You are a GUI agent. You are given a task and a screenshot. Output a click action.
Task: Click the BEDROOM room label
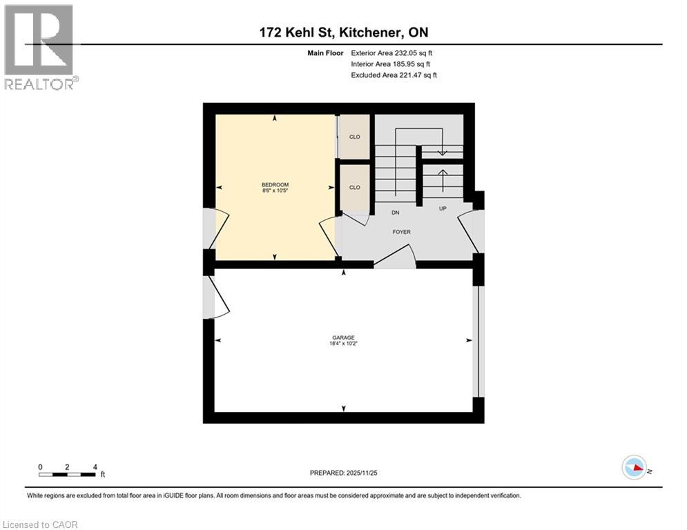275,184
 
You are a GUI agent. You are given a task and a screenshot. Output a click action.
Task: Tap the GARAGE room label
343,337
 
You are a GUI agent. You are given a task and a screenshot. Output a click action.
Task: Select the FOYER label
401,232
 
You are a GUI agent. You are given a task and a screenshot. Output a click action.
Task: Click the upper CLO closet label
354,137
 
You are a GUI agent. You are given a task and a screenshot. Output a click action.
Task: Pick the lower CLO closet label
354,187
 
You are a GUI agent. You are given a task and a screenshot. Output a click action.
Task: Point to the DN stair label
396,213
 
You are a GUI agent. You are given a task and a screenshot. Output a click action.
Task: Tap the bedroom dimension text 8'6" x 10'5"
275,190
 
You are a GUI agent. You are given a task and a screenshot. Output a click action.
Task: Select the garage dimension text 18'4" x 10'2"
343,344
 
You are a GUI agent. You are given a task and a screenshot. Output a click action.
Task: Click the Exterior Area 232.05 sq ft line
392,52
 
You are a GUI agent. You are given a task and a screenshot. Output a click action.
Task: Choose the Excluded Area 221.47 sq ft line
394,75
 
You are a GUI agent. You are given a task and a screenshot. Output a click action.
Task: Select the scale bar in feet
68,473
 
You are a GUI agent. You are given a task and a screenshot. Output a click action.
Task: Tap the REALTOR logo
39,47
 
